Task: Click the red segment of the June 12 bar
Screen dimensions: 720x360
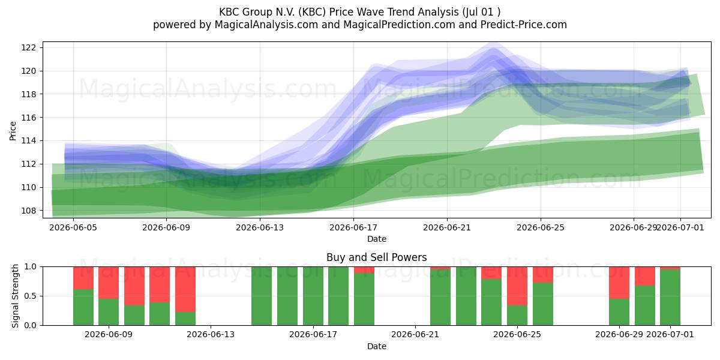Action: click(x=185, y=289)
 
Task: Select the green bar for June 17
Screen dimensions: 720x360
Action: click(x=313, y=296)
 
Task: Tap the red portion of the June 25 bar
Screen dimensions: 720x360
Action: click(x=517, y=286)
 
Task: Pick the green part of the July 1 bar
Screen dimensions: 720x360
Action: click(x=670, y=298)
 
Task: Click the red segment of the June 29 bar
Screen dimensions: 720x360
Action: click(x=619, y=283)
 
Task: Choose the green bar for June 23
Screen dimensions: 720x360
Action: click(x=466, y=296)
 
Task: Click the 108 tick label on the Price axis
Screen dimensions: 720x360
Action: click(x=28, y=211)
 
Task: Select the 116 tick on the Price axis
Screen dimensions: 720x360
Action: click(x=28, y=118)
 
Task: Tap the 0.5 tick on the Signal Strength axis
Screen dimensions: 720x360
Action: click(x=30, y=296)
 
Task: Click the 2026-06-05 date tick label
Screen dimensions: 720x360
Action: click(x=73, y=227)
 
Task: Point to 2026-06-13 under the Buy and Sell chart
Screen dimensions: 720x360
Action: click(x=211, y=335)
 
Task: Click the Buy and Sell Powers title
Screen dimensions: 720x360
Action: click(x=376, y=257)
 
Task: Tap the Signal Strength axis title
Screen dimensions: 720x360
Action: click(x=15, y=296)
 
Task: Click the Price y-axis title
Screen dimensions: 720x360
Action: click(x=13, y=131)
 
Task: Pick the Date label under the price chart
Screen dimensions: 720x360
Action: click(x=377, y=239)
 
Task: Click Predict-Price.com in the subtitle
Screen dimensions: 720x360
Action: click(x=524, y=25)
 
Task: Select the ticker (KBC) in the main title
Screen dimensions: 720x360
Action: click(x=312, y=12)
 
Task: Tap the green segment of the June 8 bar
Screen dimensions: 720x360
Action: click(x=83, y=307)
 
